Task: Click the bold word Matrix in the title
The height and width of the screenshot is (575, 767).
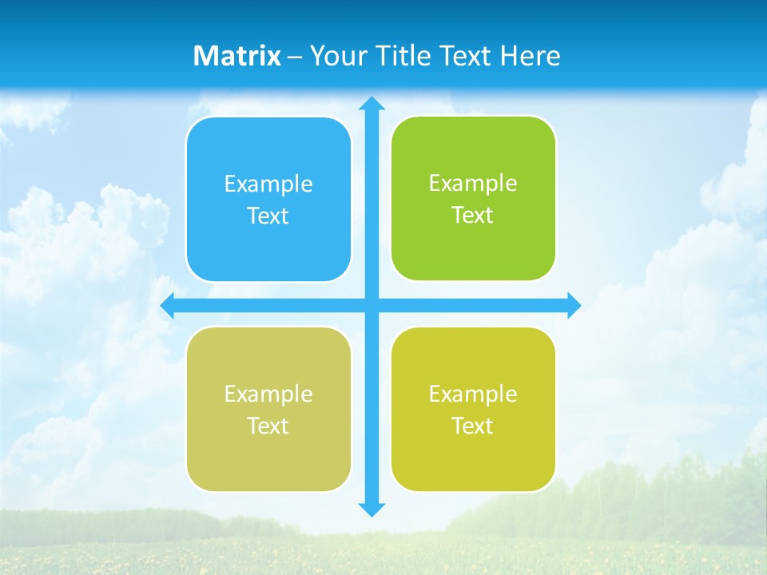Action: (x=237, y=56)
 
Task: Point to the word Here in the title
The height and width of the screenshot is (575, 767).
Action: (x=531, y=56)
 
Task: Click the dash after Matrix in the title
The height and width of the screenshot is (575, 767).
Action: (x=294, y=57)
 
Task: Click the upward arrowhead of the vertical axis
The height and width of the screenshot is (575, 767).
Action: (x=371, y=103)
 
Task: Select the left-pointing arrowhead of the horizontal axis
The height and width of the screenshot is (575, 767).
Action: (x=168, y=305)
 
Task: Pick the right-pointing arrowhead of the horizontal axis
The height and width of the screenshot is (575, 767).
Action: (x=574, y=305)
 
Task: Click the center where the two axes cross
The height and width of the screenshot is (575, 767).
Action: (x=371, y=305)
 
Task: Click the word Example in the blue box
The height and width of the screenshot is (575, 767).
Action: (x=268, y=184)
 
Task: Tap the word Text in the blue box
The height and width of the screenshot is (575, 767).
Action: (x=268, y=216)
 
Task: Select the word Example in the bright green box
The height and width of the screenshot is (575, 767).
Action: (x=473, y=184)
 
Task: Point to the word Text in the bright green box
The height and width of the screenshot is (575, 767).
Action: (x=473, y=216)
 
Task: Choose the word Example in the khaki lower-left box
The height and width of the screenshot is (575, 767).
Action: (x=268, y=395)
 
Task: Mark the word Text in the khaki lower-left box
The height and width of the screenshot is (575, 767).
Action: (x=268, y=426)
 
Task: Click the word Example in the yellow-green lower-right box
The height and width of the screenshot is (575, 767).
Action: (x=473, y=395)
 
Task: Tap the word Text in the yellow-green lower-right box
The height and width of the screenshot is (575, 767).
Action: (x=473, y=426)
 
